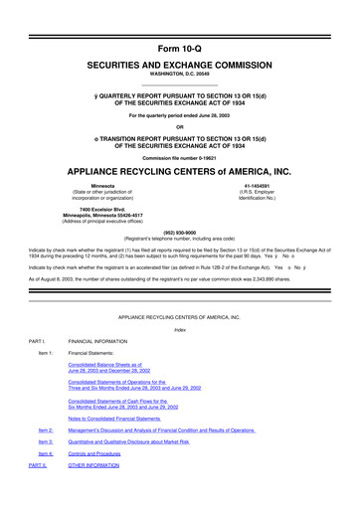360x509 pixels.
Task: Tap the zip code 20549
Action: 204,64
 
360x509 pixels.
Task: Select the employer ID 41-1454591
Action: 261,185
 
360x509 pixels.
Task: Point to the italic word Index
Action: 180,330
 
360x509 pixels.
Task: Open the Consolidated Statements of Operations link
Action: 118,384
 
